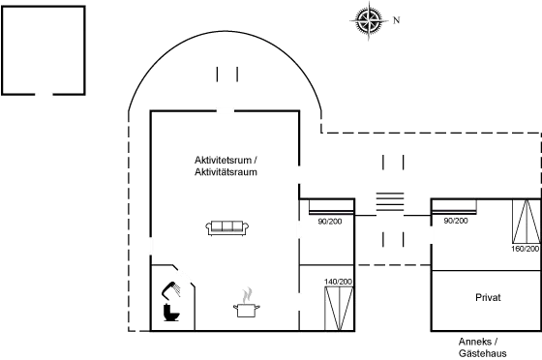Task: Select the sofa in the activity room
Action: [x=227, y=227]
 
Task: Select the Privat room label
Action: [x=489, y=297]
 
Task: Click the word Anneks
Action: [x=478, y=343]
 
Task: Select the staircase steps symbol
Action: [x=389, y=199]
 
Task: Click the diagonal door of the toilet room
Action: [x=185, y=275]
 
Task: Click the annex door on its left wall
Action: [x=432, y=233]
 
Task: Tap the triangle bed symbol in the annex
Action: [x=526, y=225]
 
